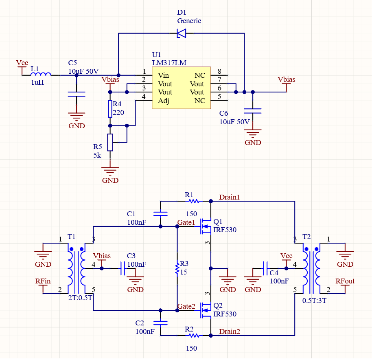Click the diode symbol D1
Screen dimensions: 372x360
(182, 33)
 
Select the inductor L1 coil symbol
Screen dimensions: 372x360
(41, 74)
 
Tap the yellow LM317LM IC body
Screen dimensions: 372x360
(181, 88)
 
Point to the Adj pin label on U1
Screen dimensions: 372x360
(164, 101)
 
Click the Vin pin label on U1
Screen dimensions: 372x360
(164, 75)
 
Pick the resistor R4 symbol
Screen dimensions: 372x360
(110, 109)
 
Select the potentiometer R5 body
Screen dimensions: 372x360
(110, 143)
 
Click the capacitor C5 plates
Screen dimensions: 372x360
(77, 94)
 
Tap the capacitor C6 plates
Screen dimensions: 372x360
(253, 111)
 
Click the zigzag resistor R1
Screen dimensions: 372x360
(194, 201)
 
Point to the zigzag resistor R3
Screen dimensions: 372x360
(177, 268)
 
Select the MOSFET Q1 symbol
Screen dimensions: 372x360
(206, 226)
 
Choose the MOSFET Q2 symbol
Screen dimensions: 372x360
(206, 310)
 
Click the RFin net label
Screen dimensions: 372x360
(43, 281)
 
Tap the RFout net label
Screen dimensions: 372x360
(345, 281)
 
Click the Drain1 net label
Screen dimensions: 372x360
(230, 197)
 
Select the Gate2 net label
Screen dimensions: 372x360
(186, 306)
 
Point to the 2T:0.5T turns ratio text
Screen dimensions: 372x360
(80, 298)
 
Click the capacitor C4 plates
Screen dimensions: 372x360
(265, 268)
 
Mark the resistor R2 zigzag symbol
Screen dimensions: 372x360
(194, 336)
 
